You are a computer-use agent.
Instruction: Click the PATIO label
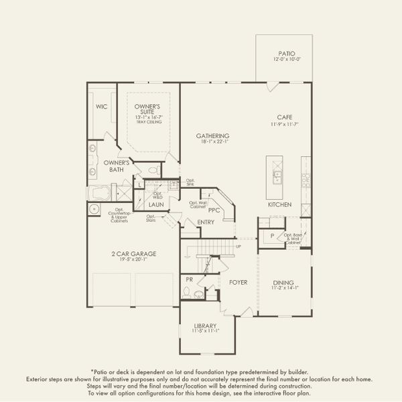[x=286, y=54]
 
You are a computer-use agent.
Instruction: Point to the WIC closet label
[x=102, y=107]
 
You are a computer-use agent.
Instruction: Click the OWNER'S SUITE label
[x=149, y=108]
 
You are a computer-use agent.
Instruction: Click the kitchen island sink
[x=277, y=176]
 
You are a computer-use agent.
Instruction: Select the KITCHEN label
[x=279, y=204]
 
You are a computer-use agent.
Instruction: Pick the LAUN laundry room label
[x=156, y=205]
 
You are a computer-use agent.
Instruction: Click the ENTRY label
[x=206, y=222]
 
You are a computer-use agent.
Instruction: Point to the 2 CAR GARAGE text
[x=134, y=253]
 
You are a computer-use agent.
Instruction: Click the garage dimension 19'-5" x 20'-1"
[x=134, y=261]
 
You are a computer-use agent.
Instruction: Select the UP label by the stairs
[x=238, y=247]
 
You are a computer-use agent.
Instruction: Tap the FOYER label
[x=239, y=283]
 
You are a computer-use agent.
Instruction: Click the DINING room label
[x=283, y=283]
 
